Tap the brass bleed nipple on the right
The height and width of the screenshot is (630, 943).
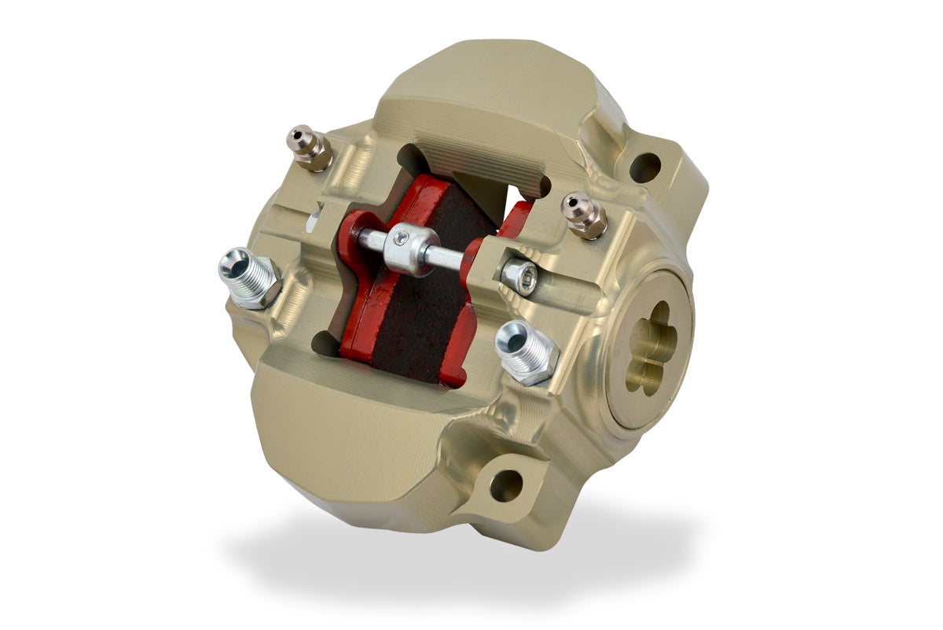coord(583,213)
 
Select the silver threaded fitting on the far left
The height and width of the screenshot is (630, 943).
coord(248,276)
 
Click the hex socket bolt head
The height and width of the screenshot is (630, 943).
coord(519,276)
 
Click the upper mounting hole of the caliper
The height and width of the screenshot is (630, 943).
coord(644,167)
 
